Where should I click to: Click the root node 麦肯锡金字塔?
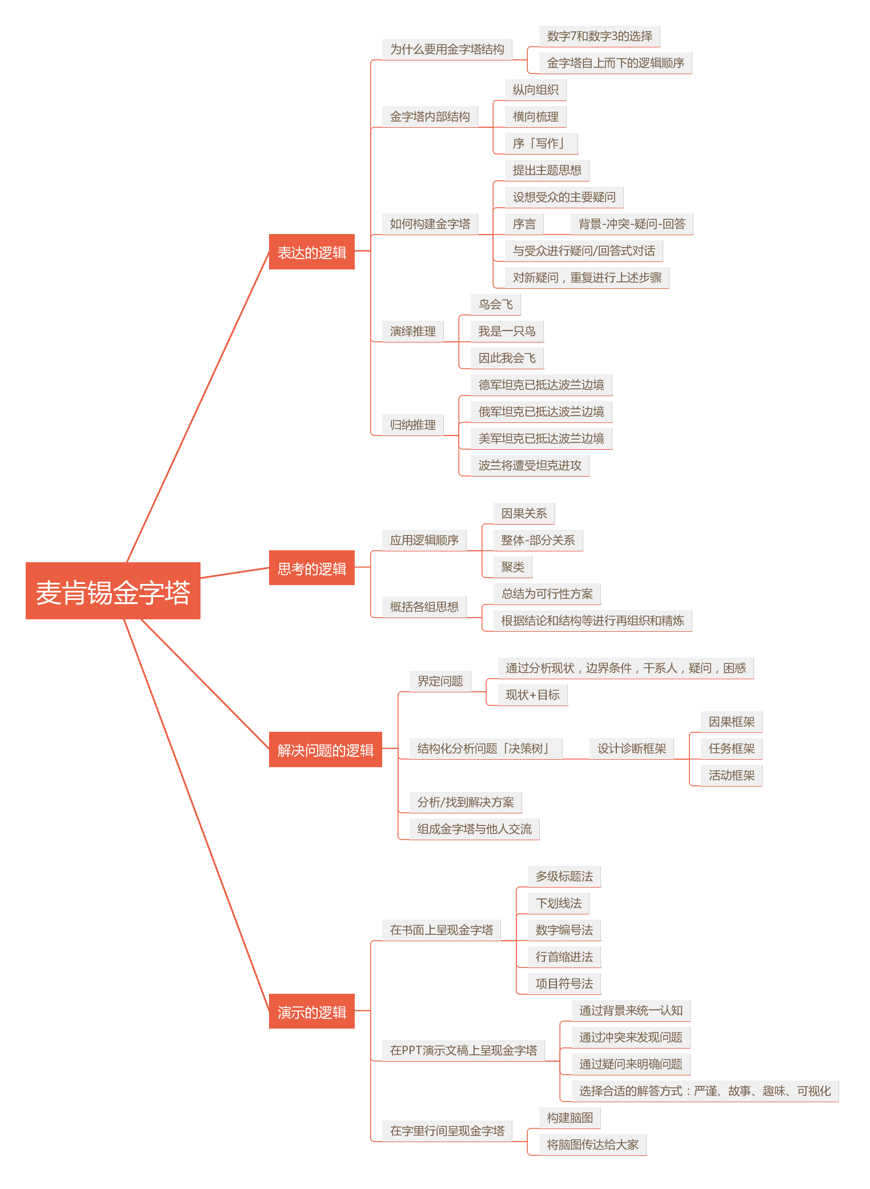click(x=113, y=591)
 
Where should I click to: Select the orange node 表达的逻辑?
click(x=312, y=252)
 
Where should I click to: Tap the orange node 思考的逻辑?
click(x=312, y=568)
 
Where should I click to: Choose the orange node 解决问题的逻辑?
click(x=326, y=749)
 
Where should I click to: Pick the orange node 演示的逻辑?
click(x=312, y=1011)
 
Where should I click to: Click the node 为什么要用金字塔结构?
click(x=447, y=49)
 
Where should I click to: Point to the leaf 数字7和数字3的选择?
click(x=600, y=36)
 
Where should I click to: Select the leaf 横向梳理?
click(x=536, y=116)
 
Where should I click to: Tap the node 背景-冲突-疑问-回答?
click(x=632, y=224)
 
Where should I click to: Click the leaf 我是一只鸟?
click(x=507, y=331)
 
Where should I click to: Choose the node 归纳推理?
click(x=413, y=425)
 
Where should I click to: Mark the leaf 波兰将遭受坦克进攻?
click(x=530, y=465)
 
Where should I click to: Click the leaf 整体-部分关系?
click(x=538, y=540)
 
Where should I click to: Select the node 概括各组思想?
click(x=424, y=607)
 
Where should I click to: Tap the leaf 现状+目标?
click(x=533, y=695)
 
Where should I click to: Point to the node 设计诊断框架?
click(x=632, y=748)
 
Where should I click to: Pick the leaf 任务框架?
click(x=732, y=748)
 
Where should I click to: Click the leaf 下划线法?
click(x=559, y=903)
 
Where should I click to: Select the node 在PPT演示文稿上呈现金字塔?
click(x=464, y=1050)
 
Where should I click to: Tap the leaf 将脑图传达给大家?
click(x=593, y=1144)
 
